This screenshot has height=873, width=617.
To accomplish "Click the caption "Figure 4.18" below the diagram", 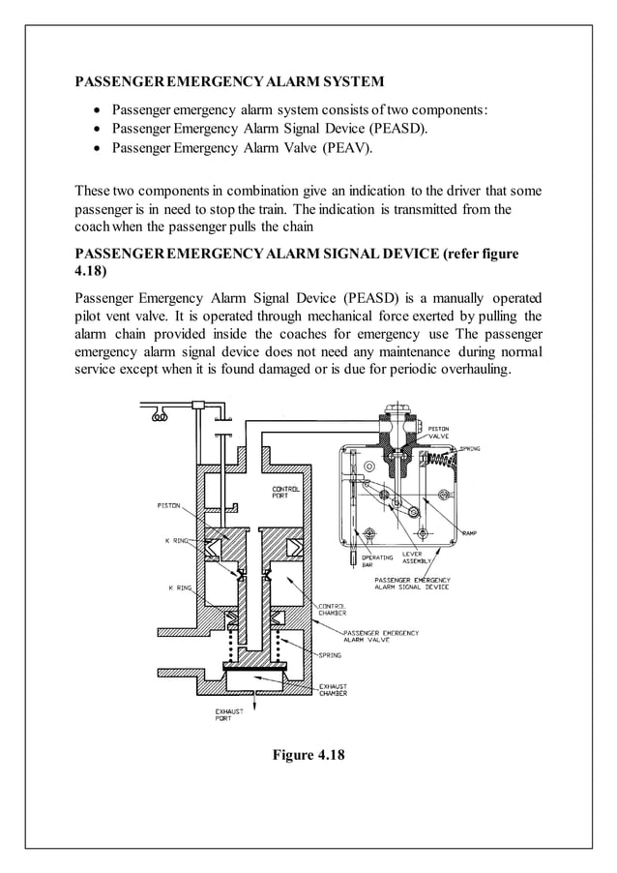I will pos(308,754).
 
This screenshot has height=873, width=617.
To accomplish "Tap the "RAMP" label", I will pos(470,532).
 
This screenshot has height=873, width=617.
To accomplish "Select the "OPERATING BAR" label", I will pos(376,561).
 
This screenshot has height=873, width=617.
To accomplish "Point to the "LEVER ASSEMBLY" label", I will pos(418,558).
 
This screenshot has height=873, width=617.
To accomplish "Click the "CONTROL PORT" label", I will pos(286,493).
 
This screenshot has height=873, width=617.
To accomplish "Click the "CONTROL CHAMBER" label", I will pos(333,610).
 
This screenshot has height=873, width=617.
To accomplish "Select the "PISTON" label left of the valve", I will pos(167,505).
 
